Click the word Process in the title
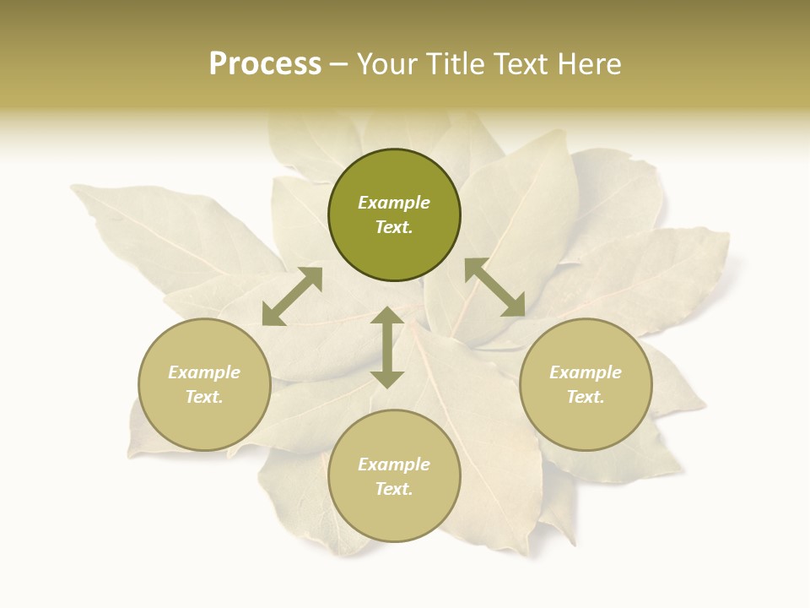[x=265, y=64]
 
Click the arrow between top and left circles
[x=292, y=296]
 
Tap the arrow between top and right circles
[x=495, y=287]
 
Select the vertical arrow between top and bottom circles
[x=387, y=347]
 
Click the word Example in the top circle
[x=394, y=203]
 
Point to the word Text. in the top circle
[x=394, y=227]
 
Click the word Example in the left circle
[x=204, y=372]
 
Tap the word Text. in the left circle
[x=204, y=397]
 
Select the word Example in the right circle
[x=586, y=372]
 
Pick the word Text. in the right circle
[x=586, y=397]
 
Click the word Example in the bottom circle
[x=394, y=464]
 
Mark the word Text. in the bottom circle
[x=394, y=489]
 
